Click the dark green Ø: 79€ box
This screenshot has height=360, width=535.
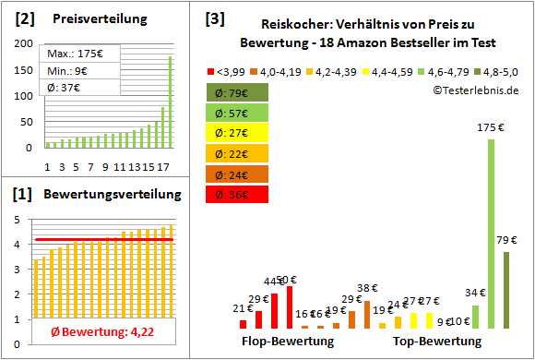[239, 92]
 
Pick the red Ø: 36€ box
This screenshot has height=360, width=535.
[239, 194]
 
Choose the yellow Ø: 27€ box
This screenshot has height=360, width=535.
[239, 133]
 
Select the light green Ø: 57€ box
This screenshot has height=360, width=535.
[239, 113]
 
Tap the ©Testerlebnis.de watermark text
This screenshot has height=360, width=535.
[475, 90]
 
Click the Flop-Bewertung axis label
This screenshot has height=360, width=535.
[288, 341]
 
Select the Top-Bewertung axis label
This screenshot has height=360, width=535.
[437, 341]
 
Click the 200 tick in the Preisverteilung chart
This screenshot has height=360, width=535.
[21, 44]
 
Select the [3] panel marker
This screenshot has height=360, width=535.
[214, 18]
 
